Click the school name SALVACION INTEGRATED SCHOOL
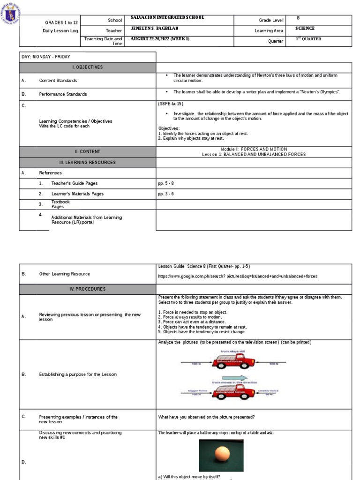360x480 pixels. point(168,18)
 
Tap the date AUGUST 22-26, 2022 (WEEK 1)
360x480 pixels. point(160,38)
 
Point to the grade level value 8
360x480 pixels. point(298,18)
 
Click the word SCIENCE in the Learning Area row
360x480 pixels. point(305,29)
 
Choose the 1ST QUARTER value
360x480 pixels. point(308,39)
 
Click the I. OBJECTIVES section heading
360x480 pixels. point(87,67)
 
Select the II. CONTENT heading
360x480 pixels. point(87,151)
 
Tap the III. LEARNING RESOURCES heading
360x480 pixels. point(87,162)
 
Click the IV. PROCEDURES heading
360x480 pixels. point(87,289)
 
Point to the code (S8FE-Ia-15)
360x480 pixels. point(171,104)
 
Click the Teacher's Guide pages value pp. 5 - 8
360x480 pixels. point(166,183)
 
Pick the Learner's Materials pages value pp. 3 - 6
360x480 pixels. point(166,194)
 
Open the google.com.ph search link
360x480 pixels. point(238,276)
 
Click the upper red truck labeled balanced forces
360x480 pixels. point(233,361)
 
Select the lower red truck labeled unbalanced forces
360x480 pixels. point(232,391)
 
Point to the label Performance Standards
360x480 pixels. point(63,94)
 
